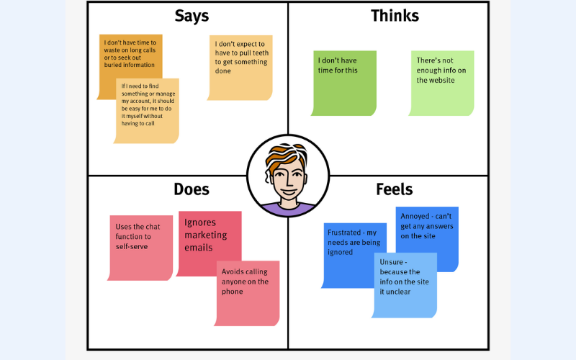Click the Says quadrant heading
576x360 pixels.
pyautogui.click(x=191, y=16)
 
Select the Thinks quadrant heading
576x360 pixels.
pyautogui.click(x=395, y=16)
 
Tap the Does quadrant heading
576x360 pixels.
pyautogui.click(x=192, y=189)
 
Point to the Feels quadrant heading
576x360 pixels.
pyautogui.click(x=395, y=189)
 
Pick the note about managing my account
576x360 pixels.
pyautogui.click(x=148, y=108)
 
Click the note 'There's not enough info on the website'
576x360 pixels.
pyautogui.click(x=442, y=81)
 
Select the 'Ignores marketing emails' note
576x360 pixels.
pyautogui.click(x=209, y=241)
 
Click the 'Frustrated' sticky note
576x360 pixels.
pyautogui.click(x=353, y=256)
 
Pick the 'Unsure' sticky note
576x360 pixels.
pyautogui.click(x=405, y=284)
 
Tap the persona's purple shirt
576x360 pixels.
pyautogui.click(x=288, y=210)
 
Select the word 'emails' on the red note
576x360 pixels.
pyautogui.click(x=199, y=248)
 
